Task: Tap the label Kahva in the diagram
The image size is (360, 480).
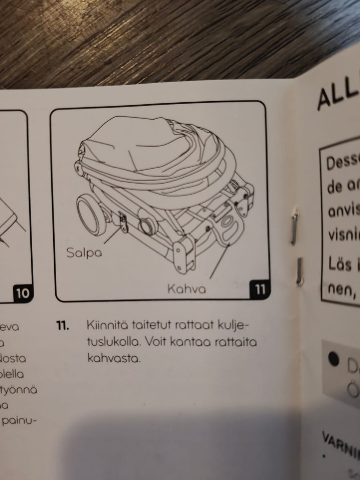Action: [186, 289]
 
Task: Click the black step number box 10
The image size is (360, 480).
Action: [23, 293]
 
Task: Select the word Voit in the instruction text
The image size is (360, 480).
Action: [155, 342]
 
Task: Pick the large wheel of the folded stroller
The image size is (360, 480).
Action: [90, 217]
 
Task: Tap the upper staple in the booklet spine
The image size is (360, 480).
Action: [294, 226]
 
